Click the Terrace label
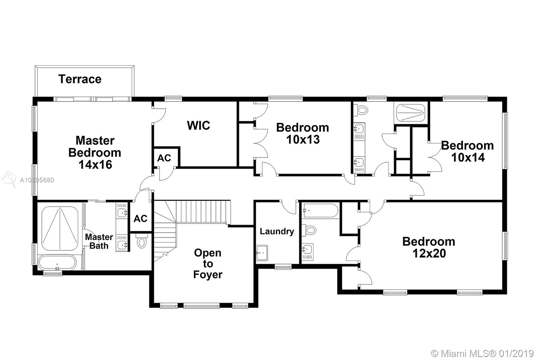pos(80,79)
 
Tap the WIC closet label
pos(198,125)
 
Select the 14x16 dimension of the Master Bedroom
pos(95,164)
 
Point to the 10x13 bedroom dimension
pos(303,139)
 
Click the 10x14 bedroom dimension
pos(468,157)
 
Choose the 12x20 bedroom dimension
pos(429,253)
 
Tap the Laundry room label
pos(277,231)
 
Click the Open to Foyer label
pos(208,263)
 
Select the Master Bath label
pos(99,241)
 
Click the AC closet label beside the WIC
pos(164,158)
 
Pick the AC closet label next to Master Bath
pos(140,218)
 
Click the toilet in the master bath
pos(142,241)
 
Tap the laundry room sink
pos(262,253)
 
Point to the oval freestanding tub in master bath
pos(57,262)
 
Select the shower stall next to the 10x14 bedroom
pos(411,113)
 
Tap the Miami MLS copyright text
pos(482,354)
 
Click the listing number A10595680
pos(37,180)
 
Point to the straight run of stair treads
pos(203,212)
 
